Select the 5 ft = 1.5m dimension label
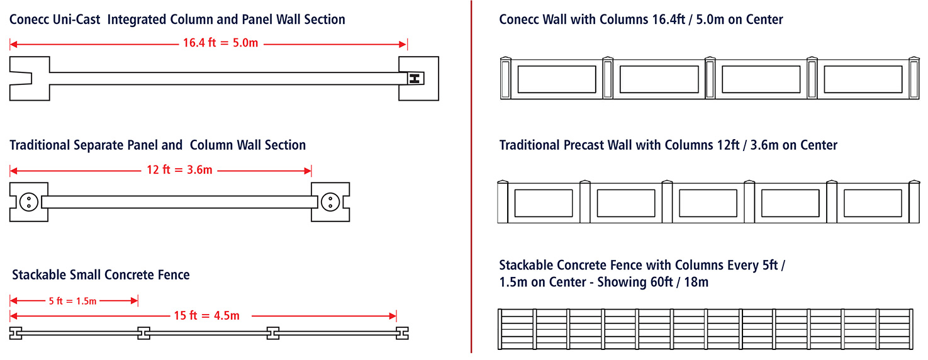72,301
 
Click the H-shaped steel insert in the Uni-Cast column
414,78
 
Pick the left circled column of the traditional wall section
28,202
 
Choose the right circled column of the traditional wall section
329,202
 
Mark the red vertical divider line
471,176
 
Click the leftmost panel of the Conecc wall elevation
556,79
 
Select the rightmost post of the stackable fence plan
401,333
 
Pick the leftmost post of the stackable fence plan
16,333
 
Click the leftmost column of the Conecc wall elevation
506,79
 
